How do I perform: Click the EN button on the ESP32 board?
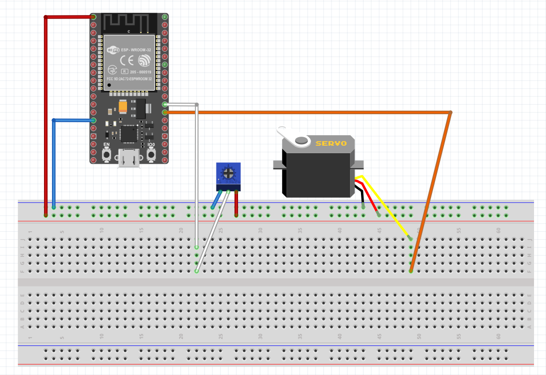[x=106, y=155]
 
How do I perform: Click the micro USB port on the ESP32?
[x=129, y=159]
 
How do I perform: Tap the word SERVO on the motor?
[x=331, y=143]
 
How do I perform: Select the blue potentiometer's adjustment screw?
[x=228, y=174]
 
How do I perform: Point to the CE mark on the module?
[x=128, y=61]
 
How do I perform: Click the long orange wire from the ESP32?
[x=310, y=113]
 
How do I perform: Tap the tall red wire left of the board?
[x=45, y=115]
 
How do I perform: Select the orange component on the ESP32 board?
[x=123, y=107]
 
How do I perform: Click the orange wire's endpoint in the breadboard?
[x=411, y=271]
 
